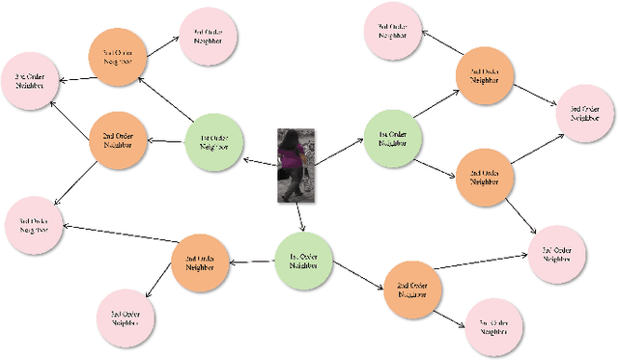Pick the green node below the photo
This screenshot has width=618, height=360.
click(x=304, y=259)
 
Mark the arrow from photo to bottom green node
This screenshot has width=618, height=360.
click(x=300, y=217)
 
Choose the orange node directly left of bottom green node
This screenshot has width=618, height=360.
click(x=200, y=263)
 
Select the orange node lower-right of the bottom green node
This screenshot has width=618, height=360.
click(x=412, y=289)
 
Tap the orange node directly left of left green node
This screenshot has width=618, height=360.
click(x=118, y=139)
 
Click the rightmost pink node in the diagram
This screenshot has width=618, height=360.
click(x=586, y=114)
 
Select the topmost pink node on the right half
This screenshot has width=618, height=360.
click(x=393, y=30)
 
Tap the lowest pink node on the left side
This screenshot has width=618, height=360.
click(x=126, y=318)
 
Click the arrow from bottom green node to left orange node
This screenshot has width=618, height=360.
click(x=251, y=261)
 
